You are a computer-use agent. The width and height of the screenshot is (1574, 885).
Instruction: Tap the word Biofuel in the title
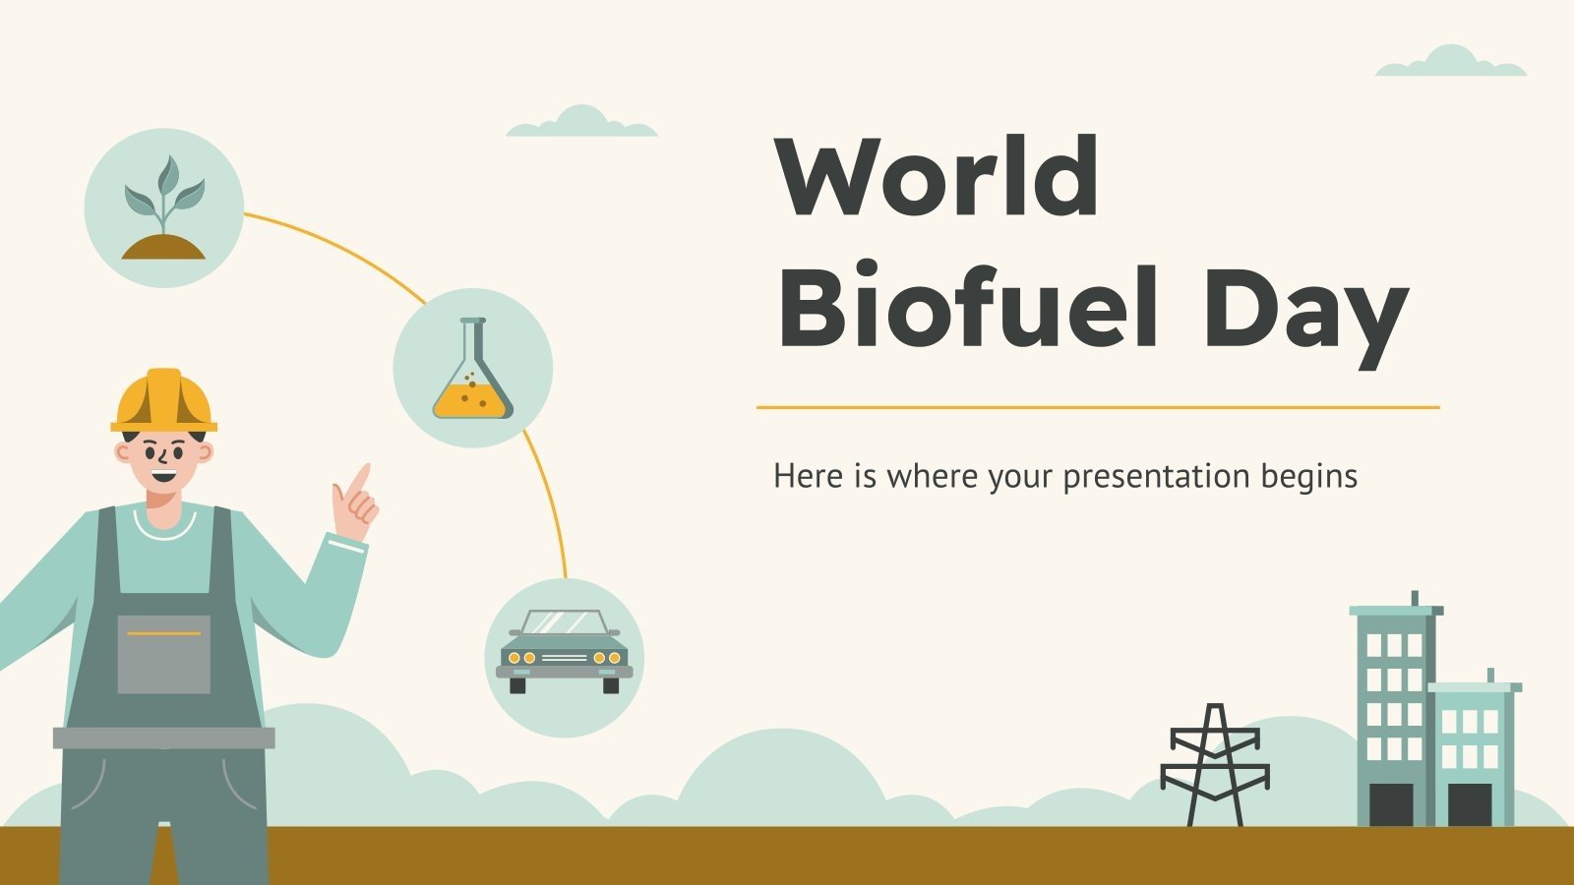click(x=967, y=305)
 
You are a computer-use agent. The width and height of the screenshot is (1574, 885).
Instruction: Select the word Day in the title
click(x=1305, y=310)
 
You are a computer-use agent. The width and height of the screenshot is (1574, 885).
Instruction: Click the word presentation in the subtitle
click(x=1141, y=477)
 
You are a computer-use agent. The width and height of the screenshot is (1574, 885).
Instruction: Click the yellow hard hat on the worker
click(x=163, y=400)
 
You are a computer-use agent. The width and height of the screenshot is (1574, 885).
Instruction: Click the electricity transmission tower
click(x=1215, y=765)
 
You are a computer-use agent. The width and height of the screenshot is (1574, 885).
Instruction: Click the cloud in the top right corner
click(x=1451, y=63)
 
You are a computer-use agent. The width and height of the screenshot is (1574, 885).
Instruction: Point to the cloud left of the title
click(x=581, y=123)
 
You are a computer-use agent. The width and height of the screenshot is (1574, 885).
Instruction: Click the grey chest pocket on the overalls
click(x=164, y=654)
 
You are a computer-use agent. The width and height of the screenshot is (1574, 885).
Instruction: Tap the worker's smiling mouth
click(x=163, y=478)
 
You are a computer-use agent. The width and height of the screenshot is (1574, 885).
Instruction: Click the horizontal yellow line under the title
click(x=1097, y=406)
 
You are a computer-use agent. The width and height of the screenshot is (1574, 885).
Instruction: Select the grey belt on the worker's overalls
click(x=164, y=737)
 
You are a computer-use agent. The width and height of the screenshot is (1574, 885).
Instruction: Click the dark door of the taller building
click(x=1390, y=804)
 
